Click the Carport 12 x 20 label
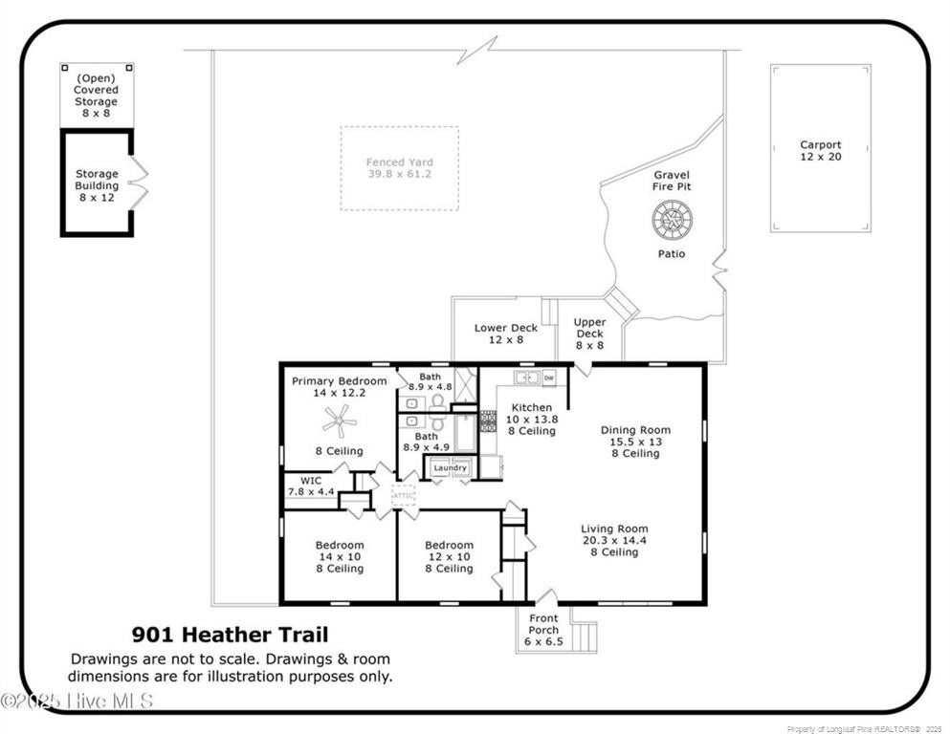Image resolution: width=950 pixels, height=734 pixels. (x=821, y=151)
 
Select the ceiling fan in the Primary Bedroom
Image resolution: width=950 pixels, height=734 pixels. (x=339, y=421)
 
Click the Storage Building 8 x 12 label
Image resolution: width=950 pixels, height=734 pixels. (x=98, y=185)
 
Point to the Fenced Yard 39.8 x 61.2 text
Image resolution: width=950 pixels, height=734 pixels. (x=400, y=168)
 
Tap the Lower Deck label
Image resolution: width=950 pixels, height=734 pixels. (x=506, y=334)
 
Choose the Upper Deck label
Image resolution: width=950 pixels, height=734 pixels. (x=589, y=334)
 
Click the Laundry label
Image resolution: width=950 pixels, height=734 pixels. (x=450, y=468)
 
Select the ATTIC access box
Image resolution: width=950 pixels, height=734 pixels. (x=404, y=496)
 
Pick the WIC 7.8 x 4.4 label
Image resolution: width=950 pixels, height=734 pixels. (x=311, y=486)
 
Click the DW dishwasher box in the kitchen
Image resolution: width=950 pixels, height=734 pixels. (x=549, y=378)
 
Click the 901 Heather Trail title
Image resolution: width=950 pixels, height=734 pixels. (x=230, y=634)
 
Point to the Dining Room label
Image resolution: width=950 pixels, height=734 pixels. (x=635, y=442)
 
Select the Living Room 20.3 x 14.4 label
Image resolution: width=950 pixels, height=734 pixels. (x=614, y=540)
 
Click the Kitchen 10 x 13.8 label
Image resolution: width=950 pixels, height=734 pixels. (x=531, y=419)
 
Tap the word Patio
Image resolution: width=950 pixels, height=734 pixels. (x=671, y=254)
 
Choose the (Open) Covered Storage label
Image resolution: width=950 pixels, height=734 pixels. (x=97, y=96)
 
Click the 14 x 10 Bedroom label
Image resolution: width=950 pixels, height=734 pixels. (x=340, y=557)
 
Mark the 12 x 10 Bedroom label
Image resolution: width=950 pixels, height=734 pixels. (x=450, y=557)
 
